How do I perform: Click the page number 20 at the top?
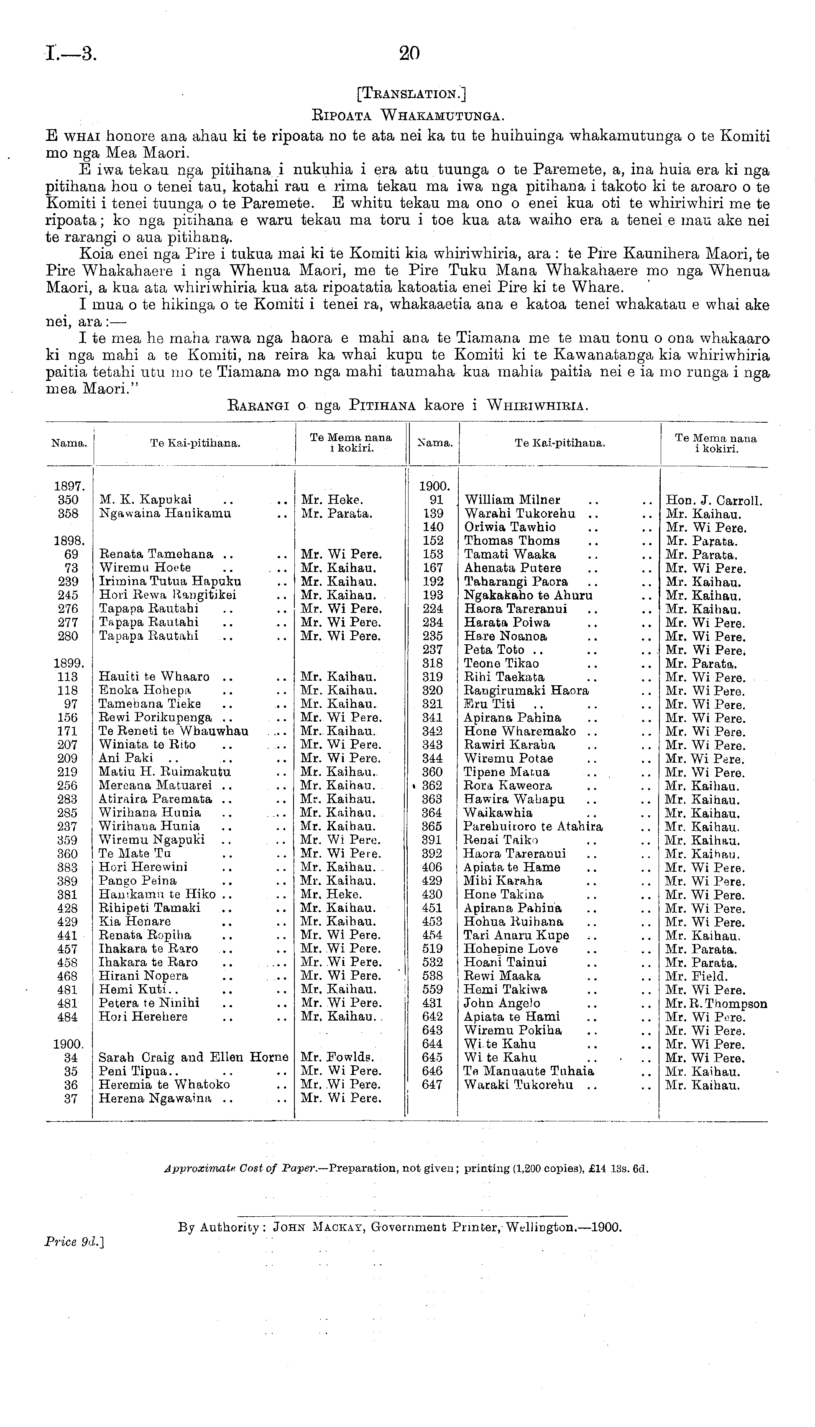(409, 53)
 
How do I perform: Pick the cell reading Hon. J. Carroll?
(714, 501)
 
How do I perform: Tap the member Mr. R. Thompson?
(716, 1004)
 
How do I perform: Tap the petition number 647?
(432, 1085)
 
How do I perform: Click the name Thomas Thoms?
(511, 541)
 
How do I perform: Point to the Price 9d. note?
(74, 1242)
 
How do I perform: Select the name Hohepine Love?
(511, 949)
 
